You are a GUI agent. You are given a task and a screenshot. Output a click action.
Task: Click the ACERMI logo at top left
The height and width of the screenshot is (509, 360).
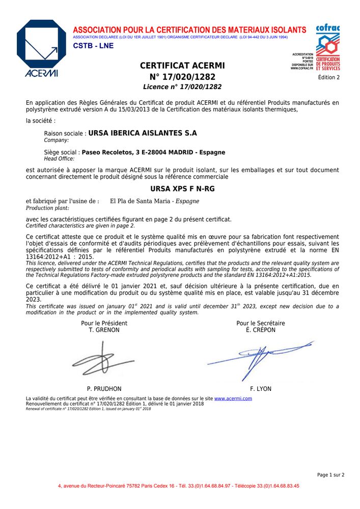(41, 49)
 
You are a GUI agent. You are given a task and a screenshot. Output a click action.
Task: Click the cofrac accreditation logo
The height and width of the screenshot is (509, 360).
(327, 47)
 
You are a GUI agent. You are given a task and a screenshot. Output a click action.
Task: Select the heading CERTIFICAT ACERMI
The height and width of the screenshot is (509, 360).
(182, 66)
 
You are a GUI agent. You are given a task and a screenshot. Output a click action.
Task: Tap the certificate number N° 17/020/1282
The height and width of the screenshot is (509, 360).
(182, 77)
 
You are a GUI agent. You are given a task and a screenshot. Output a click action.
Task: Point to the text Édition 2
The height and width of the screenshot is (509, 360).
(328, 78)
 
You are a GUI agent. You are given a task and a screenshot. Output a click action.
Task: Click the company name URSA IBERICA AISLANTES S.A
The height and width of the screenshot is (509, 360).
(143, 133)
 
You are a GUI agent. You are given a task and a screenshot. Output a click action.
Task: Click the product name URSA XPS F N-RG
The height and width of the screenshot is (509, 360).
(182, 189)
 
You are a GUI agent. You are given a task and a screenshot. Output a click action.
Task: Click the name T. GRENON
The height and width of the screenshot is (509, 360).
(104, 330)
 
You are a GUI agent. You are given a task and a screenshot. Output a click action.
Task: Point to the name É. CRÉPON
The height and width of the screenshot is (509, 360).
(260, 330)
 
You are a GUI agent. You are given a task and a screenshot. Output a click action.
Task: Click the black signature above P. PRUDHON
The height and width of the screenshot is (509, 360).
(102, 359)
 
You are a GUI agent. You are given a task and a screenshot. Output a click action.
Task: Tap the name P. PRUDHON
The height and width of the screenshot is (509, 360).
(104, 389)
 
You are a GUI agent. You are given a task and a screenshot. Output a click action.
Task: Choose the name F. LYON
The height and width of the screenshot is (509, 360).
(261, 389)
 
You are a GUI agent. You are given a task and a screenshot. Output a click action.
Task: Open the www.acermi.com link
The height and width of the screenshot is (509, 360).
(233, 399)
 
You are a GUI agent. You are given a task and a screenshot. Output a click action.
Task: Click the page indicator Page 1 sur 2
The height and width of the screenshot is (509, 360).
(330, 475)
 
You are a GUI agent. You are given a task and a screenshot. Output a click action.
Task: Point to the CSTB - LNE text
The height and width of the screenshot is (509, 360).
(93, 46)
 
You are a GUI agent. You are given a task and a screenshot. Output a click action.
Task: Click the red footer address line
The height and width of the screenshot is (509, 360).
(179, 486)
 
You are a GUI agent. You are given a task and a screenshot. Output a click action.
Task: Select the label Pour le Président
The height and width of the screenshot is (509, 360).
(104, 323)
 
